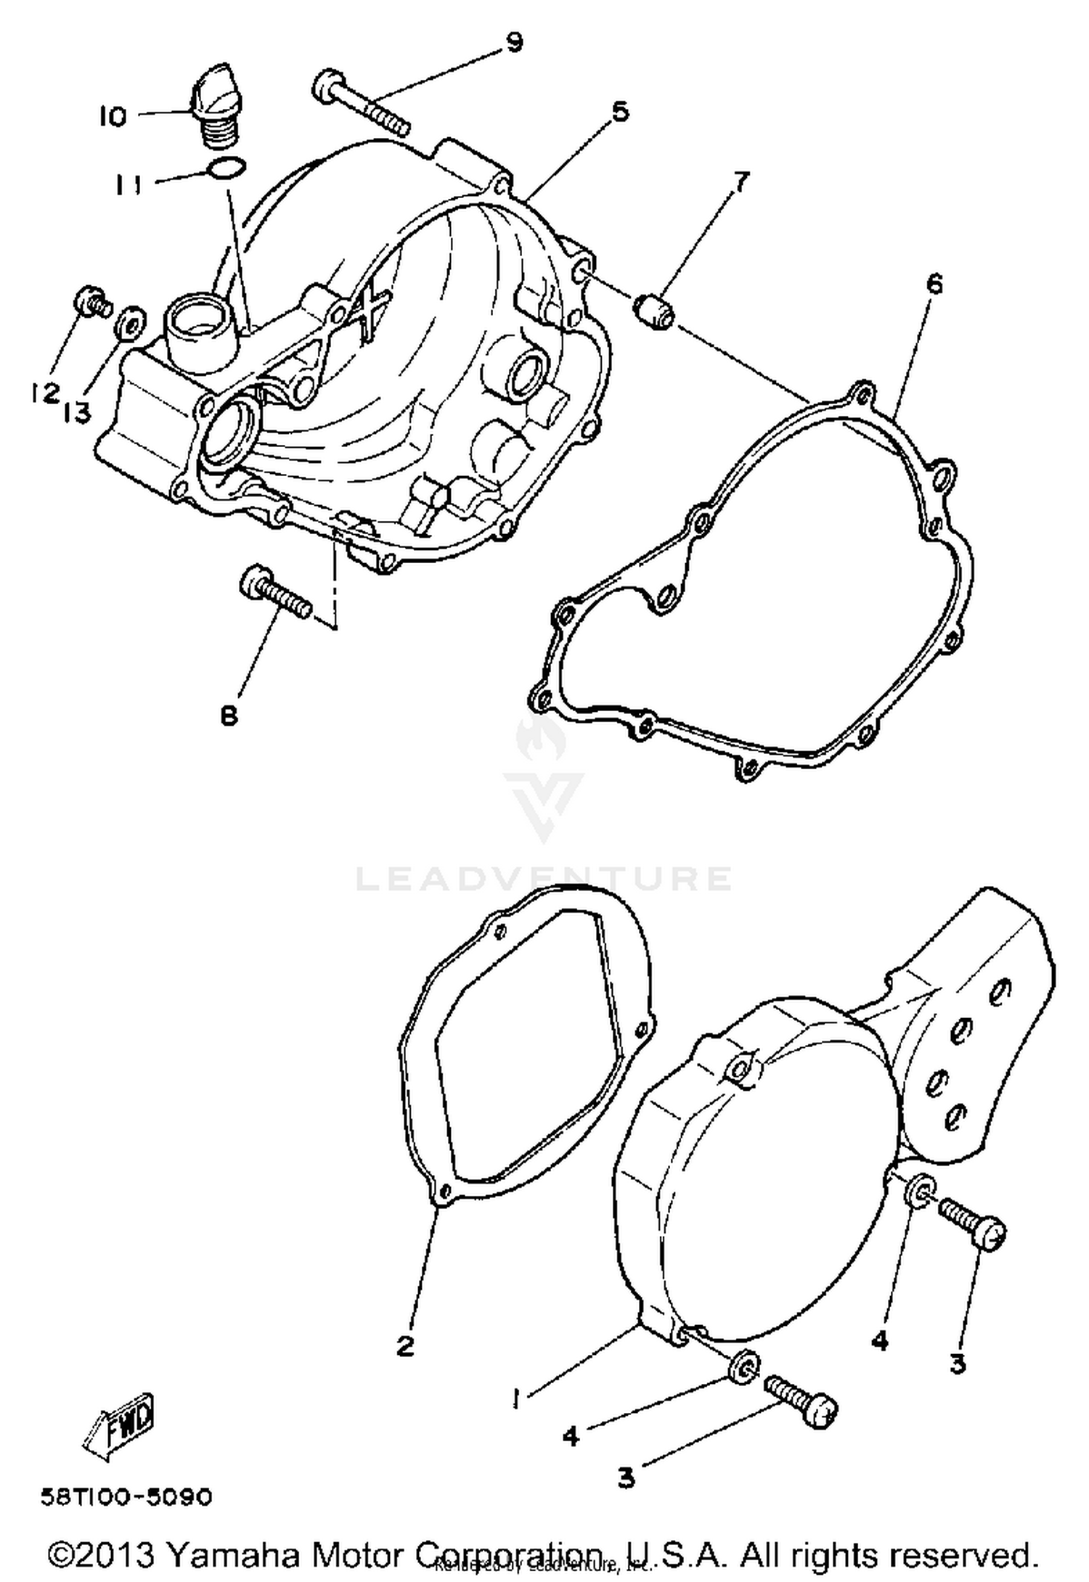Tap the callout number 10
(113, 116)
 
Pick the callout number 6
(934, 284)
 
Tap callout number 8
(229, 716)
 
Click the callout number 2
(405, 1345)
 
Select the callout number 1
(516, 1397)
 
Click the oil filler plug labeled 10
(211, 107)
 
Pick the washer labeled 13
(131, 321)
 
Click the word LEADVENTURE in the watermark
(543, 879)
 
